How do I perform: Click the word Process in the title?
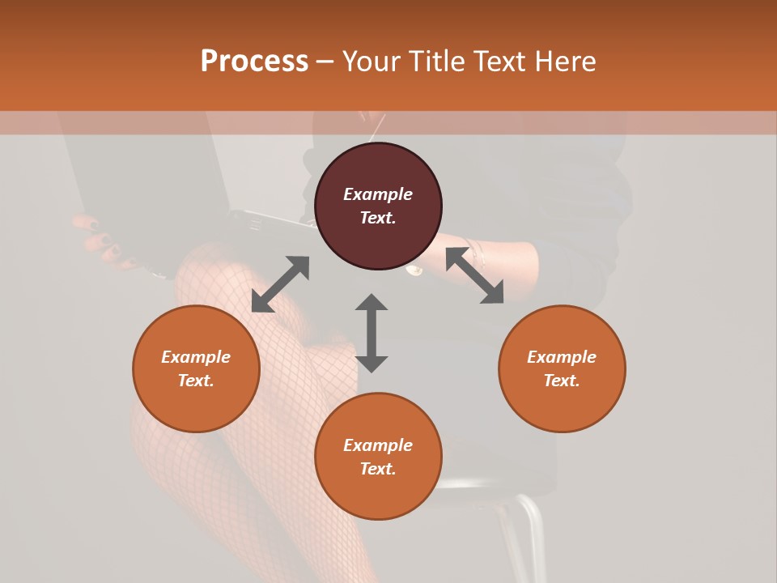pyautogui.click(x=254, y=62)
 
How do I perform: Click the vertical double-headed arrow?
pyautogui.click(x=372, y=333)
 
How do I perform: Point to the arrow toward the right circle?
pyautogui.click(x=474, y=276)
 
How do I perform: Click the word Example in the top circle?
pyautogui.click(x=378, y=194)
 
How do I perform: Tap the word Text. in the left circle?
pyautogui.click(x=196, y=381)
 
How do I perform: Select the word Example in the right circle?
pyautogui.click(x=562, y=357)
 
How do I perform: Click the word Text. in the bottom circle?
pyautogui.click(x=378, y=469)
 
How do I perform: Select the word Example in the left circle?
pyautogui.click(x=196, y=357)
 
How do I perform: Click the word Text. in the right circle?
pyautogui.click(x=562, y=381)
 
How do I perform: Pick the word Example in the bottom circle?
pyautogui.click(x=378, y=445)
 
